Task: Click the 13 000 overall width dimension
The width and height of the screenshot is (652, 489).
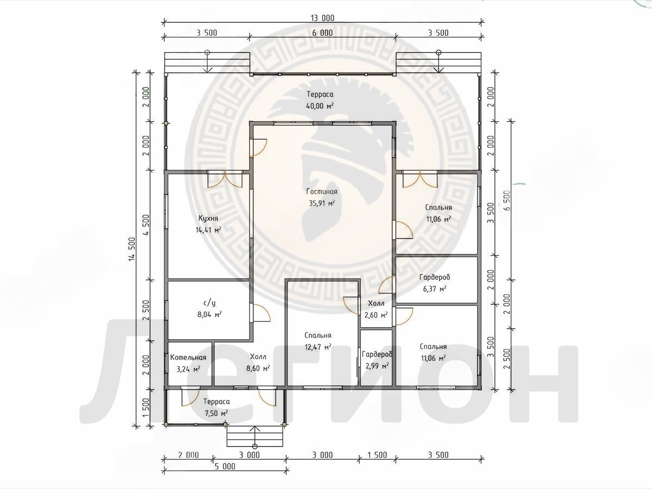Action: click(322, 18)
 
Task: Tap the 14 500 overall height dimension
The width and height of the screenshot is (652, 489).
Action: click(132, 249)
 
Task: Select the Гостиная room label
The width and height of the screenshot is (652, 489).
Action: click(322, 192)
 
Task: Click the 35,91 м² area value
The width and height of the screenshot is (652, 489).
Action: click(322, 203)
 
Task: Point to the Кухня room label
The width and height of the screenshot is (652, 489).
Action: click(208, 218)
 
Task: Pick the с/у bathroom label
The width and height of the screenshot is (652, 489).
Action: click(209, 303)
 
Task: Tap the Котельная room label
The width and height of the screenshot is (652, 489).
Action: click(188, 358)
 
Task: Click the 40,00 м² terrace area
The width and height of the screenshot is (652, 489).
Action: click(320, 106)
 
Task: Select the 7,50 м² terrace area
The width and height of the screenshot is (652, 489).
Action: click(216, 413)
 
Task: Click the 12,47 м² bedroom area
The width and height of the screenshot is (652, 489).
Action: click(318, 347)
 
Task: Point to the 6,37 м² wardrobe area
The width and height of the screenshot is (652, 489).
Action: click(434, 289)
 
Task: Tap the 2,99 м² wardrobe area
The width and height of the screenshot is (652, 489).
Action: click(377, 366)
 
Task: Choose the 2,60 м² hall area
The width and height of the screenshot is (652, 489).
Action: click(376, 315)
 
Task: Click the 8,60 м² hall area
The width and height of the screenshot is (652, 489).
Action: click(258, 368)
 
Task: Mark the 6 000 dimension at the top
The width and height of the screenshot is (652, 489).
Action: click(322, 33)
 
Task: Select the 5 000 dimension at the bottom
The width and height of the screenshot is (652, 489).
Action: click(225, 466)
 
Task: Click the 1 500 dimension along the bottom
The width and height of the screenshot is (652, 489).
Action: click(377, 455)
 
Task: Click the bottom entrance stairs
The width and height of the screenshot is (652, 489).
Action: click(255, 436)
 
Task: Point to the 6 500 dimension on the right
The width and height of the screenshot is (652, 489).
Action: click(507, 200)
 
